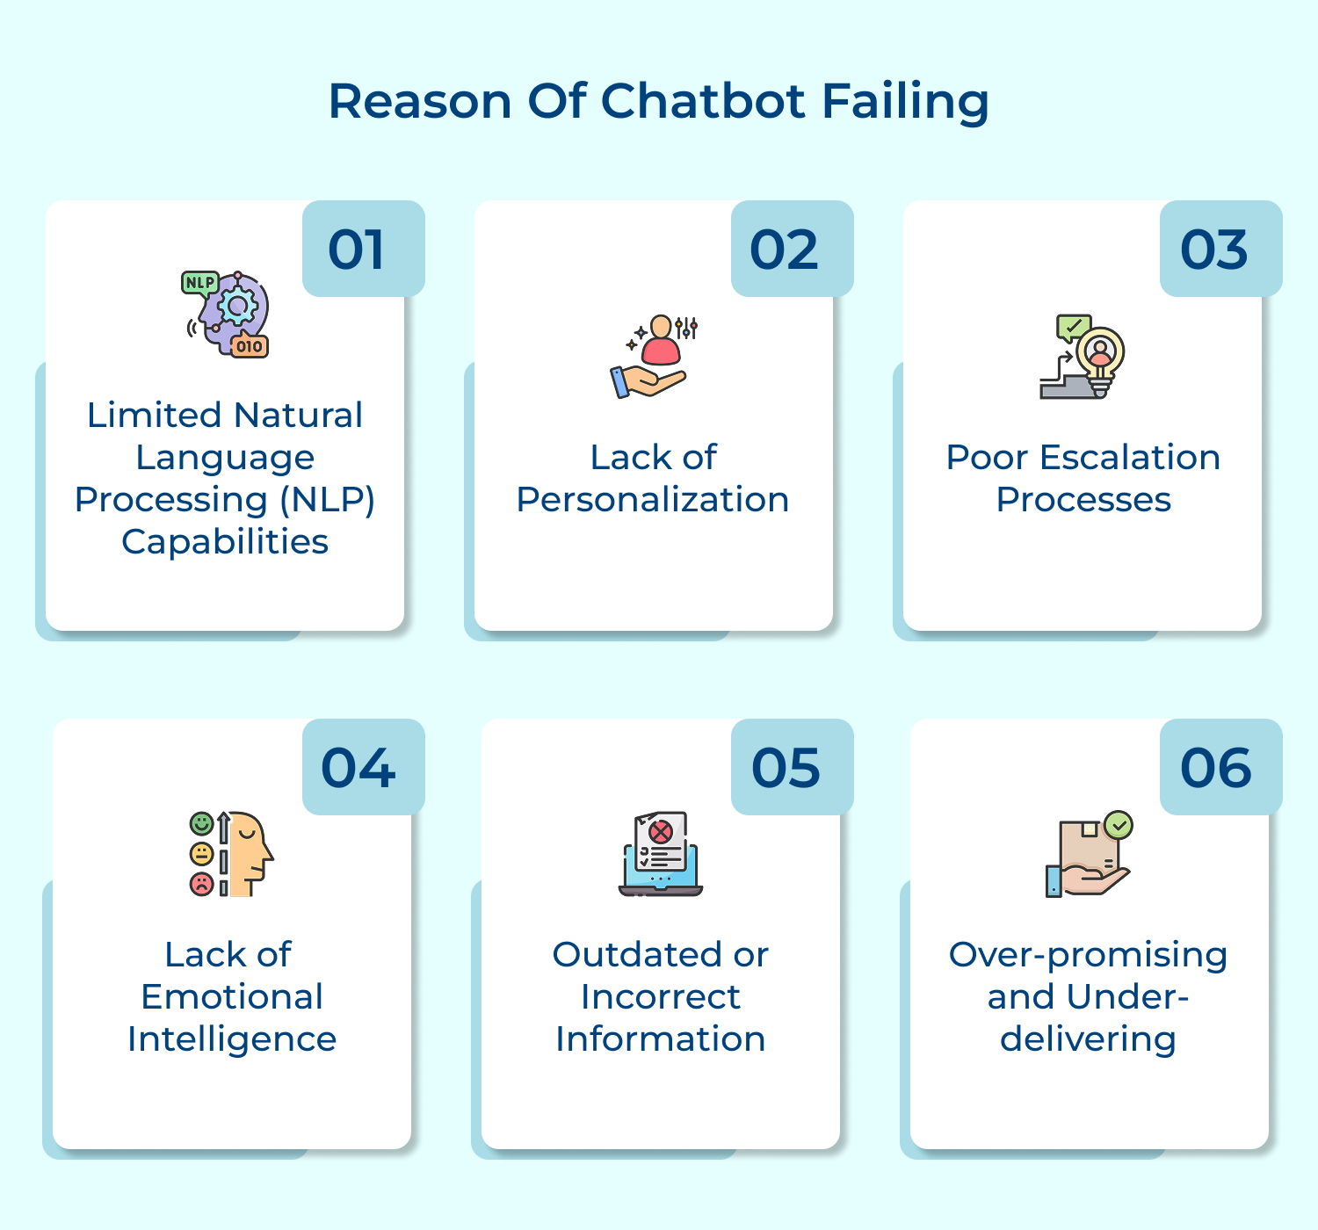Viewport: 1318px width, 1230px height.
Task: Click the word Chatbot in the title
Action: (x=702, y=101)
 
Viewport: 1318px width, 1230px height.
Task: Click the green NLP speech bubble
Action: (x=199, y=283)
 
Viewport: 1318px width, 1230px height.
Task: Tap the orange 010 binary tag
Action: (x=250, y=346)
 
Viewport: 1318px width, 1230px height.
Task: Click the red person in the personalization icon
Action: (x=661, y=342)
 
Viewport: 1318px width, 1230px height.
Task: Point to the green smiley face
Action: (x=202, y=824)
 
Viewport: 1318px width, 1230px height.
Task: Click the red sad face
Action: (x=202, y=883)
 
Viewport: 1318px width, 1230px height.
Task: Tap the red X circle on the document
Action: (x=661, y=831)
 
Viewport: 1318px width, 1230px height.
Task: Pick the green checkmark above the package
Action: (x=1119, y=825)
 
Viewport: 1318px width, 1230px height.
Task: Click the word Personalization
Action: (x=653, y=500)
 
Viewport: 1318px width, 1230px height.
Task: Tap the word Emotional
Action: (x=232, y=997)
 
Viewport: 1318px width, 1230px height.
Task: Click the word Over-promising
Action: (x=1088, y=955)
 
